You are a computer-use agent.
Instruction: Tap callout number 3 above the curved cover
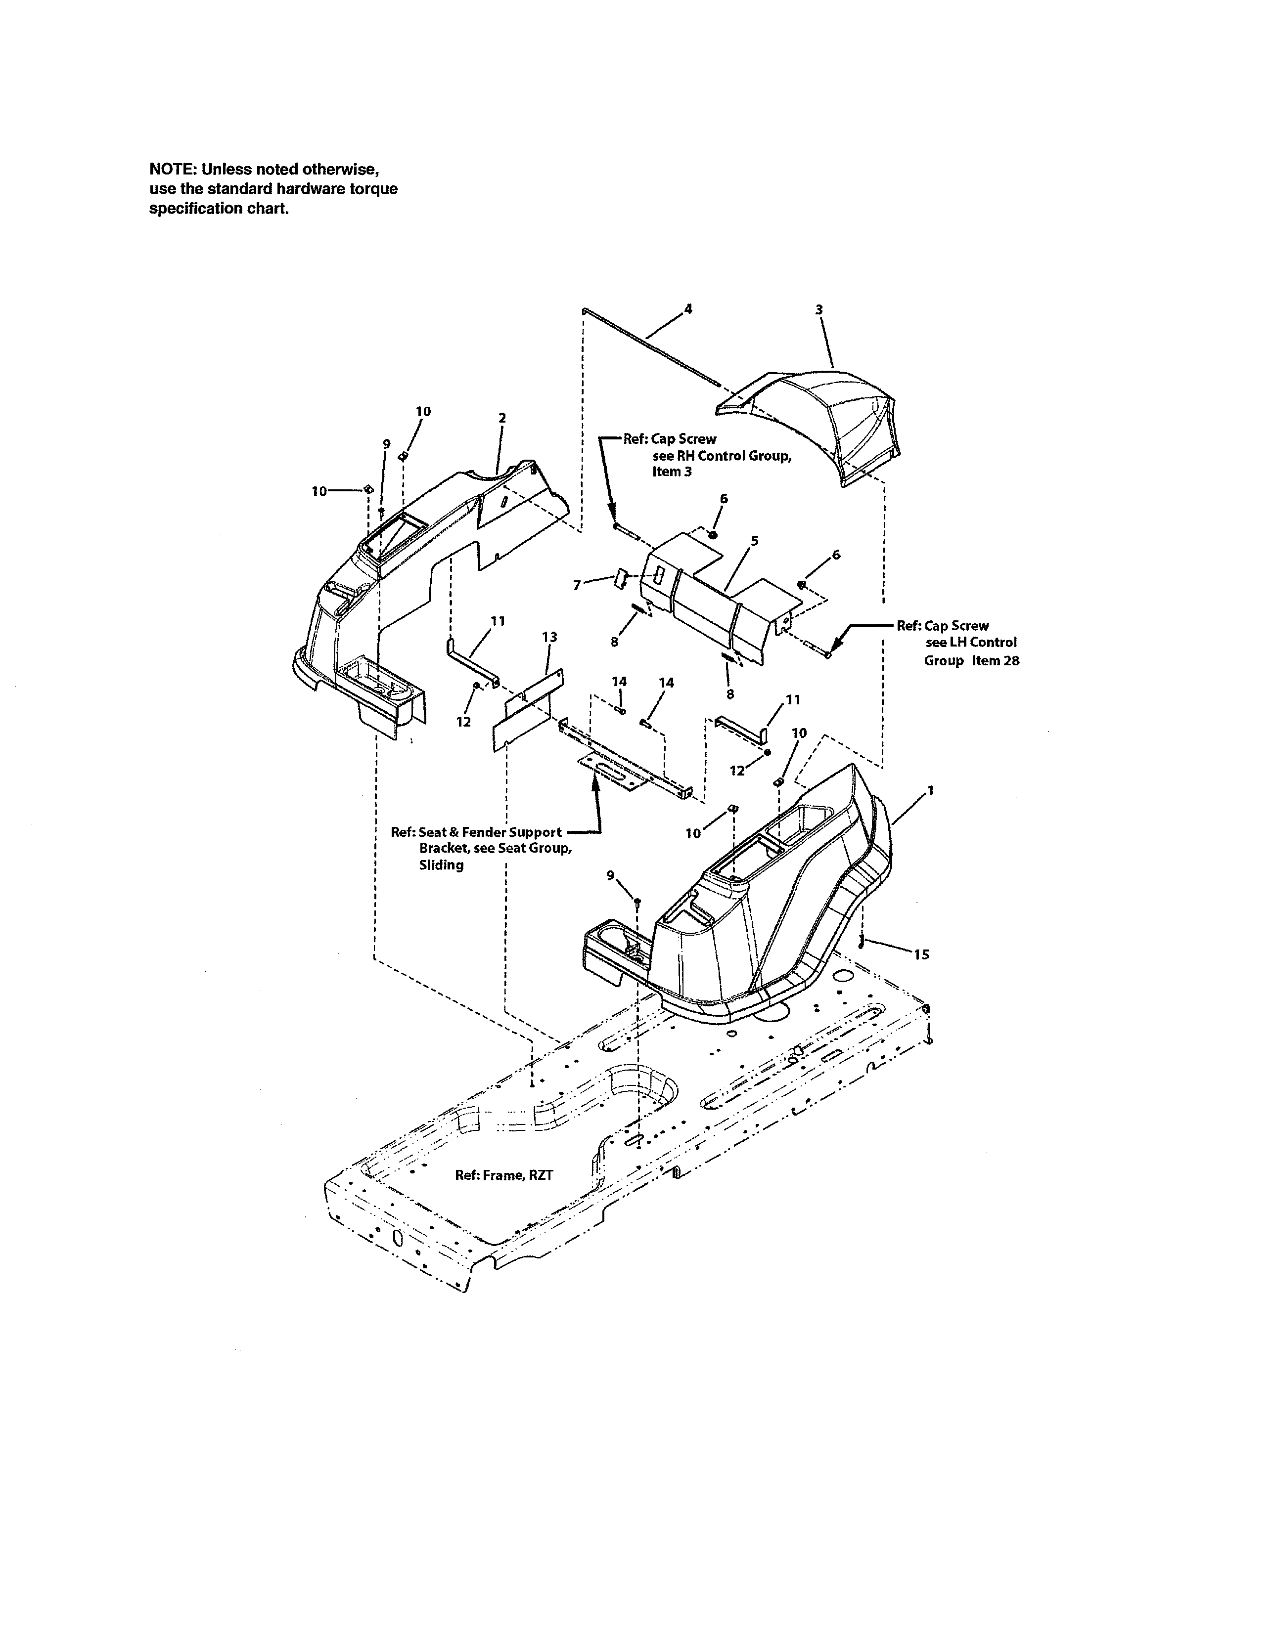[819, 309]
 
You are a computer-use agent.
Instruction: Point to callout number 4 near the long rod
[688, 308]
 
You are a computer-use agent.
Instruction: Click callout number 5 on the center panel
[754, 541]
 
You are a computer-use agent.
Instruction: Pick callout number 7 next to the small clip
[577, 586]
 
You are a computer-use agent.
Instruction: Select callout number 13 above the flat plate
[549, 637]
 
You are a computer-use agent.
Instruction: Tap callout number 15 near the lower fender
[922, 954]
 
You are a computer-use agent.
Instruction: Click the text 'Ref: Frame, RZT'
[504, 1175]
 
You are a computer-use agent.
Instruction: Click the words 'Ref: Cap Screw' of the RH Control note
[670, 439]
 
